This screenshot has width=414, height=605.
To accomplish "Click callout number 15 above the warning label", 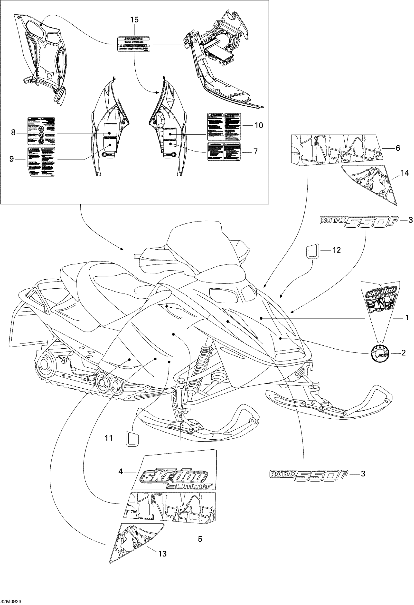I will pyautogui.click(x=134, y=20).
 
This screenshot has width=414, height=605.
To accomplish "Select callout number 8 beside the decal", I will pyautogui.click(x=13, y=133).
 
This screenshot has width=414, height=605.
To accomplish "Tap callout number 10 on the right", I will pyautogui.click(x=259, y=125).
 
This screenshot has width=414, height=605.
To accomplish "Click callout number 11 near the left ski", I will pyautogui.click(x=108, y=438).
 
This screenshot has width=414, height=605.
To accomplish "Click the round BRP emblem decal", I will pyautogui.click(x=379, y=353).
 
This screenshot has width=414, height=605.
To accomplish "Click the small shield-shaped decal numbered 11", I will pyautogui.click(x=132, y=439).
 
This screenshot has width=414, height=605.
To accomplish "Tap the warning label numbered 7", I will pyautogui.click(x=224, y=151).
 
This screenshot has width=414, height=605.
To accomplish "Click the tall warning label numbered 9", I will pyautogui.click(x=41, y=161).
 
